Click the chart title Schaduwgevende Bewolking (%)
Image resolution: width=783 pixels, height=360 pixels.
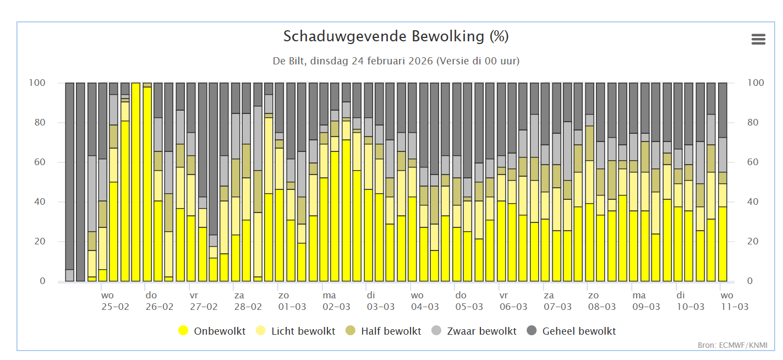click(396, 37)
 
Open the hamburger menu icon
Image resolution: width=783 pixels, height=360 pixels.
click(758, 39)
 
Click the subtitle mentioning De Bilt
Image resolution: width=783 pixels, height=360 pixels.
click(396, 61)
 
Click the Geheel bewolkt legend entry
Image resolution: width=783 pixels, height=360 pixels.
click(572, 331)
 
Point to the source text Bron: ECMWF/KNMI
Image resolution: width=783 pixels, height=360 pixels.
click(732, 346)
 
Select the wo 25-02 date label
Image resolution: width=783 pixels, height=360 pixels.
click(115, 301)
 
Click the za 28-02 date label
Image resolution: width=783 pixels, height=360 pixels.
click(248, 301)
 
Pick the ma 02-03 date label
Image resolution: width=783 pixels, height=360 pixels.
click(336, 301)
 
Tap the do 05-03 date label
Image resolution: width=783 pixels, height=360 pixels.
click(469, 301)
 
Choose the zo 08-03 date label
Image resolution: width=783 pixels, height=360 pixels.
click(601, 301)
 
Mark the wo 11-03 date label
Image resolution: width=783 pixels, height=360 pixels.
click(734, 301)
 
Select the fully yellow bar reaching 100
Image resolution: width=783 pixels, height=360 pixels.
click(135, 182)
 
